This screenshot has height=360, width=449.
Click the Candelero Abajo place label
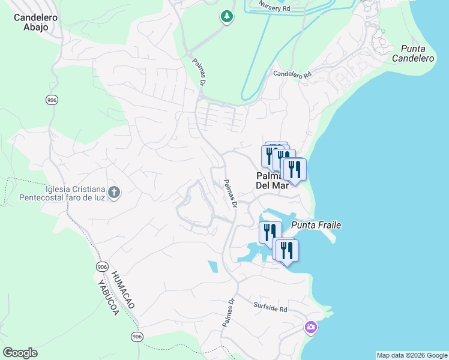click(x=35, y=22)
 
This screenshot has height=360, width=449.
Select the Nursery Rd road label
click(x=274, y=7)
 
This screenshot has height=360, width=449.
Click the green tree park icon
click(x=226, y=17)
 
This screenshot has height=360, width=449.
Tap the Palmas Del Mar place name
click(x=272, y=181)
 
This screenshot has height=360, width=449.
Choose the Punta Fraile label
click(x=316, y=225)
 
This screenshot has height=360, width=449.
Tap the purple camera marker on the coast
click(x=311, y=327)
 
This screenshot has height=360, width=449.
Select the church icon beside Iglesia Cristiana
click(x=114, y=193)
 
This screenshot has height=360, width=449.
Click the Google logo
click(x=20, y=353)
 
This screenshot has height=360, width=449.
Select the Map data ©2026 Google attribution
click(x=411, y=355)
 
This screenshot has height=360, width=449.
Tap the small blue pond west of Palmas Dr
click(x=213, y=267)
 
